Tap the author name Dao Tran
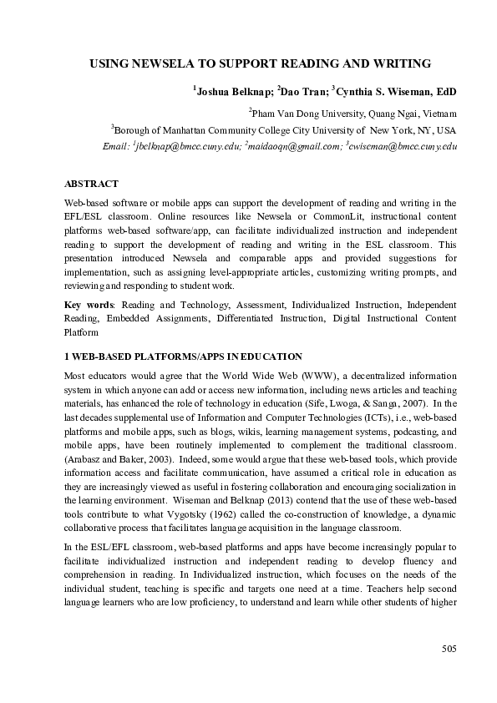point(302,90)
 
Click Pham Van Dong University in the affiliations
point(306,113)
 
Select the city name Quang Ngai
point(395,113)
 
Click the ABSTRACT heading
point(91,184)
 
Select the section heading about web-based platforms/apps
point(177,357)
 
